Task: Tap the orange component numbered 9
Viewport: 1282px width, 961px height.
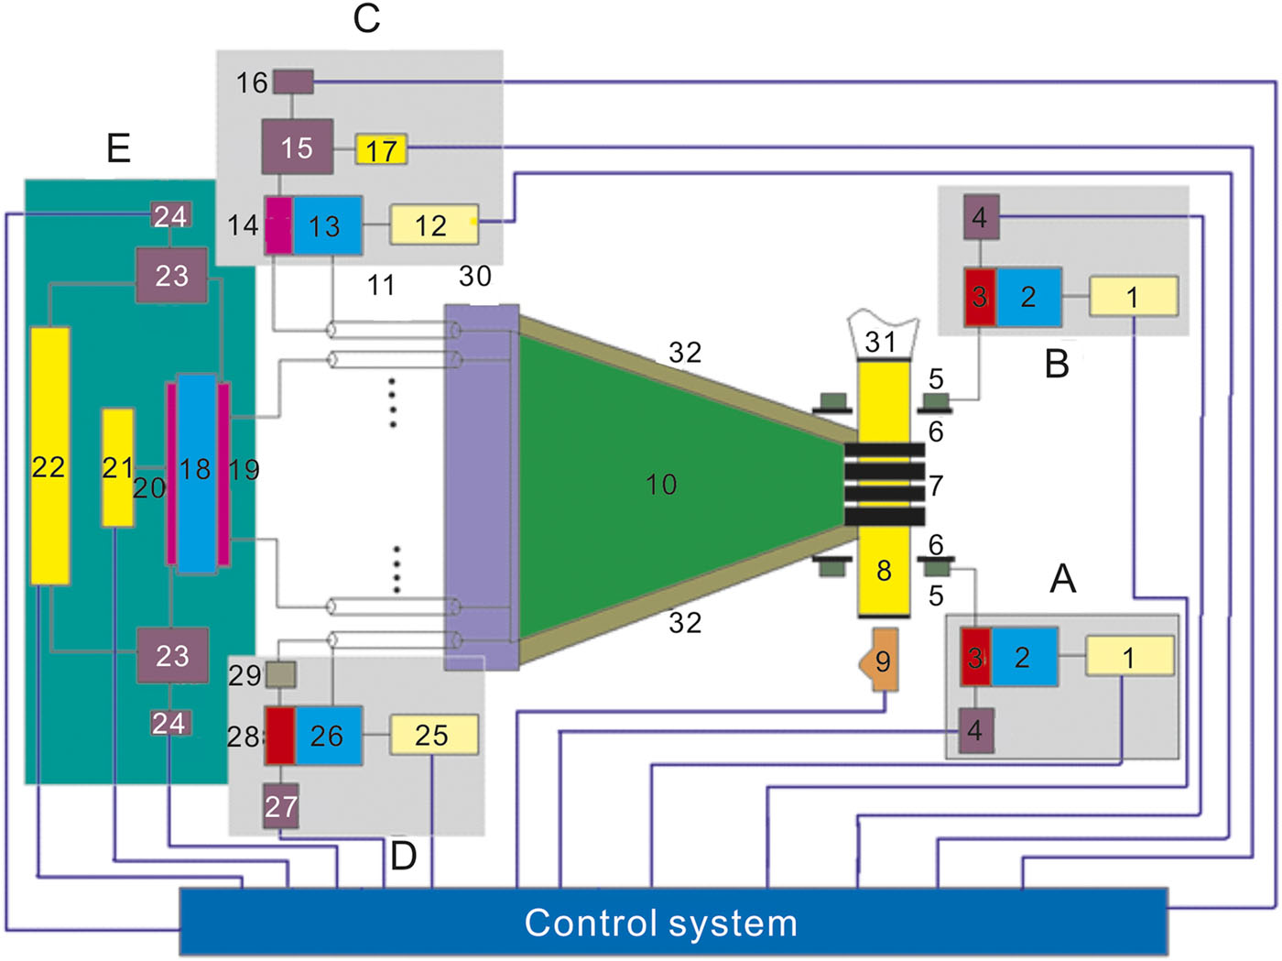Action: (882, 660)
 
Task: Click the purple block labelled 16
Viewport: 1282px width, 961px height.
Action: (293, 82)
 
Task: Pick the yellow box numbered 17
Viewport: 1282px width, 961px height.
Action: (381, 149)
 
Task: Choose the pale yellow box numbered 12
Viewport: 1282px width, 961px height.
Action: (433, 224)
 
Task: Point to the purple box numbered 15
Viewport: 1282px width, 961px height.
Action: (297, 147)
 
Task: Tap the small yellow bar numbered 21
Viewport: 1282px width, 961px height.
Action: (117, 467)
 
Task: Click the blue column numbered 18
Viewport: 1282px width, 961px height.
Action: (196, 472)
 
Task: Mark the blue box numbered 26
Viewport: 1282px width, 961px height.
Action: (328, 735)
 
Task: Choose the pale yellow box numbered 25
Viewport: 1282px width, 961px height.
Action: (433, 735)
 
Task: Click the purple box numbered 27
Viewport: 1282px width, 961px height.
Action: (281, 806)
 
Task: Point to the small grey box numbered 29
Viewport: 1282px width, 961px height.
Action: (280, 675)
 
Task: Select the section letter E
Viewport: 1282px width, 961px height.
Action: (118, 147)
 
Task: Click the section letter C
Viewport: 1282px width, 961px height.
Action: (366, 18)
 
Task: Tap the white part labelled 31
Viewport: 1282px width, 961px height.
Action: (881, 336)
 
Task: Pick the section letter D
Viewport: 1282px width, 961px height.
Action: (403, 856)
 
